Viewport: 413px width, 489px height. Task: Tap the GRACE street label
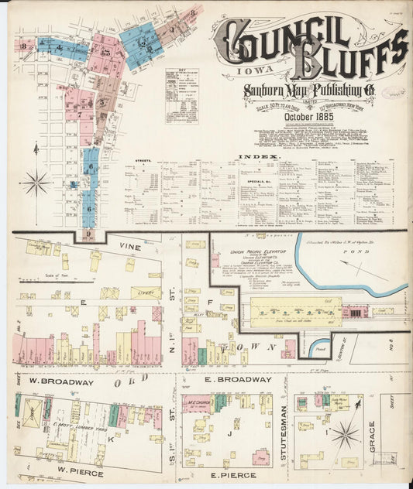[x=372, y=437]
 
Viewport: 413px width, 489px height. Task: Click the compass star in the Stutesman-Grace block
[x=346, y=435]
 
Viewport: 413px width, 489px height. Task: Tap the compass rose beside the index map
[x=35, y=183]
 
